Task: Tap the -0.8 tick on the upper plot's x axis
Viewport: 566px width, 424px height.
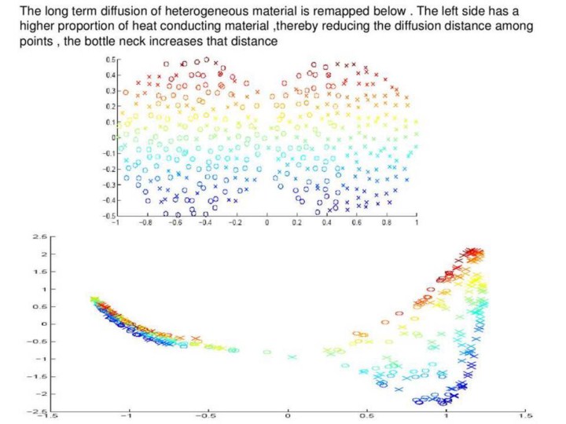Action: point(145,223)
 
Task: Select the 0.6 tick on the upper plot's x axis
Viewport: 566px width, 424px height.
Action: point(356,223)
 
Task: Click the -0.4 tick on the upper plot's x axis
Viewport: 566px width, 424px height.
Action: point(205,223)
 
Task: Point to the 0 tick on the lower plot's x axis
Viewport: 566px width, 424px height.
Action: point(288,415)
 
